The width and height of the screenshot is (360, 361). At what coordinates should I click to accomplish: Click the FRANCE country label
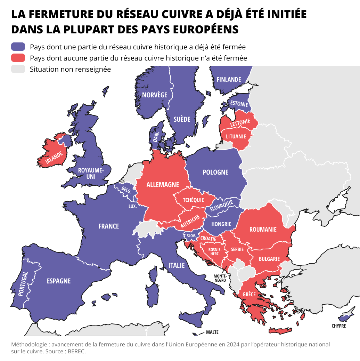[109, 226]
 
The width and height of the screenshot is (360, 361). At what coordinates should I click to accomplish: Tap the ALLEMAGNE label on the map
[163, 185]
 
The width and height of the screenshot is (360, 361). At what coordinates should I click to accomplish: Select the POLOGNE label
[215, 172]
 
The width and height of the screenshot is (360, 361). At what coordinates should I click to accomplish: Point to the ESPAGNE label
[59, 281]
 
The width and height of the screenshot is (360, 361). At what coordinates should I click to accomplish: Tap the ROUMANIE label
[263, 229]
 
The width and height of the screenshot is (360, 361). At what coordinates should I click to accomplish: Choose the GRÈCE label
[249, 294]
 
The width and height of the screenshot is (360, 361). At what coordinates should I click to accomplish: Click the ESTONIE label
[239, 104]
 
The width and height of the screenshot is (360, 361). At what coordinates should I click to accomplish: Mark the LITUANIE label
[236, 136]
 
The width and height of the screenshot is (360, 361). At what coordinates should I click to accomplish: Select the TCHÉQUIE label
[194, 200]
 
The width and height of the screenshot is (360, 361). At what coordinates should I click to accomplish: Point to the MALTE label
[212, 332]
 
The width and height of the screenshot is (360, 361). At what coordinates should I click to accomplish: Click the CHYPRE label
[339, 326]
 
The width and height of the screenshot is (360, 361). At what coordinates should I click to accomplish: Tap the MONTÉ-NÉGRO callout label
[220, 278]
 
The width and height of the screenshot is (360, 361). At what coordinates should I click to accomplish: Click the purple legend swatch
[18, 47]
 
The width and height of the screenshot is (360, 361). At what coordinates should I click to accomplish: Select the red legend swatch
[18, 58]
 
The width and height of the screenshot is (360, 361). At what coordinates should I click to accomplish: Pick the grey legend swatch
[18, 69]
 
